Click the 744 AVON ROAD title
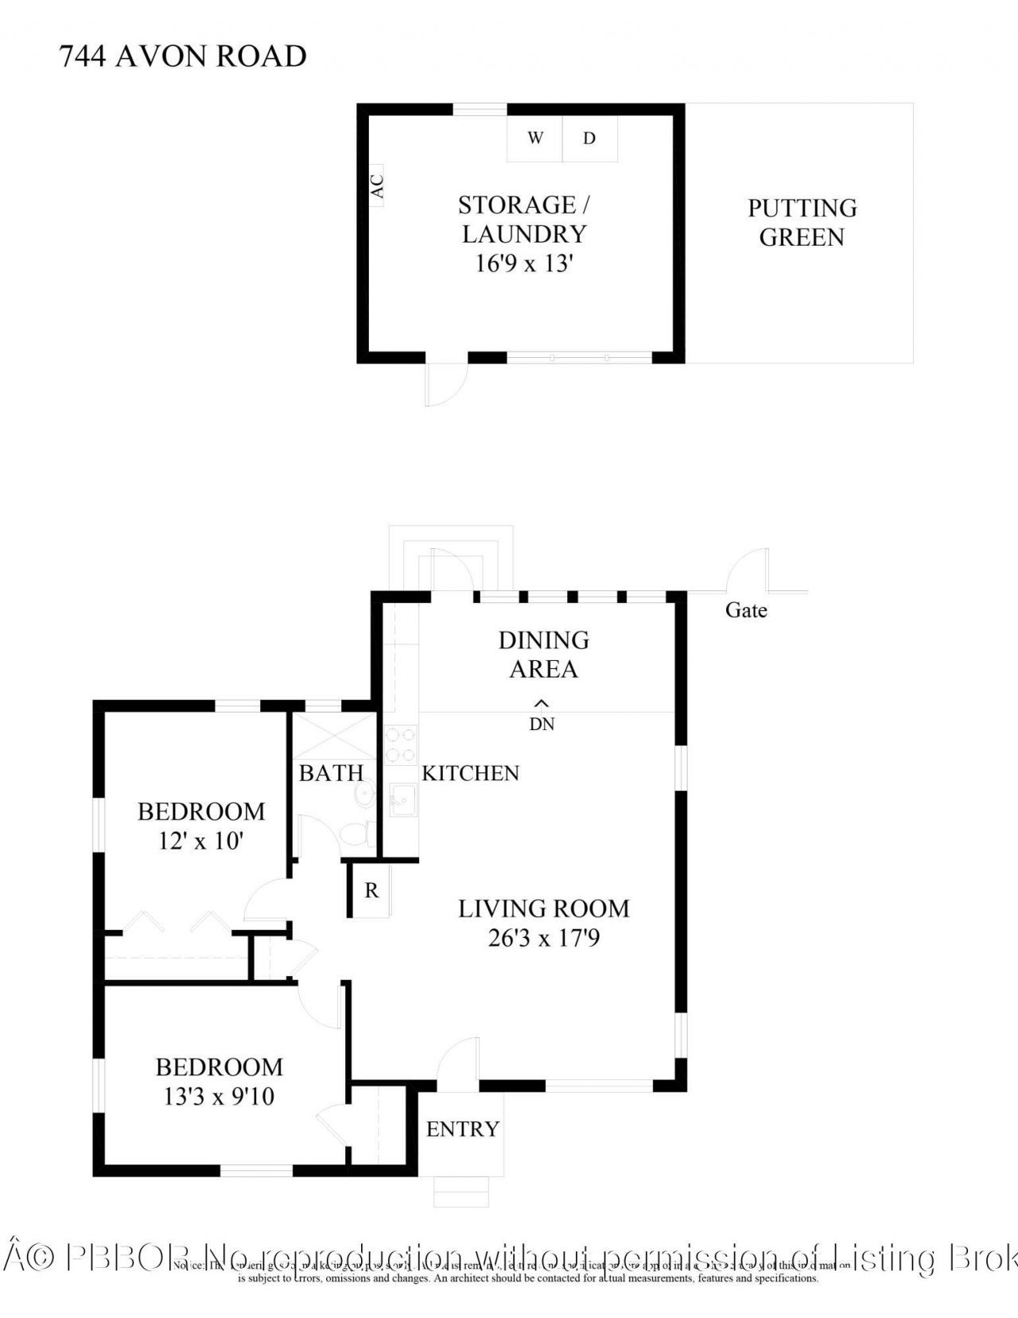pyautogui.click(x=183, y=56)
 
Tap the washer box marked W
pyautogui.click(x=535, y=138)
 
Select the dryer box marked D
pyautogui.click(x=589, y=138)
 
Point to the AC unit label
pyautogui.click(x=377, y=186)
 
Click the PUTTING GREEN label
pyautogui.click(x=802, y=223)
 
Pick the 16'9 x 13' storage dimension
pyautogui.click(x=524, y=263)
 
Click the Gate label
pyautogui.click(x=746, y=610)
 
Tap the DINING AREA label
pyautogui.click(x=544, y=655)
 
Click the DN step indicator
pyautogui.click(x=542, y=724)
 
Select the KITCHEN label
pyautogui.click(x=470, y=773)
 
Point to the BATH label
pyautogui.click(x=331, y=773)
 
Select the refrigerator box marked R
pyautogui.click(x=371, y=891)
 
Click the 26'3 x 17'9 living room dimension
pyautogui.click(x=544, y=939)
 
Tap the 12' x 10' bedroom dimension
pyautogui.click(x=201, y=841)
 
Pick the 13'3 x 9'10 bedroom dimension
pyautogui.click(x=219, y=1097)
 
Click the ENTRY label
pyautogui.click(x=462, y=1129)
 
